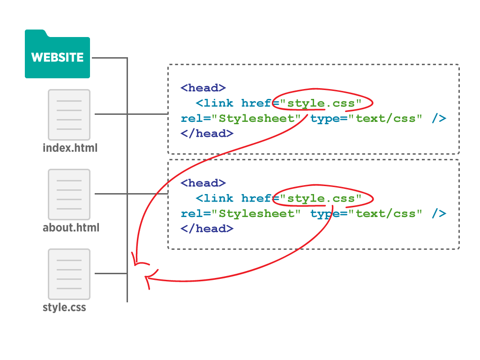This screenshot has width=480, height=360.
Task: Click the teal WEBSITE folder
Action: pos(57,54)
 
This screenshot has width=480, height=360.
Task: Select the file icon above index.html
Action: pos(69,115)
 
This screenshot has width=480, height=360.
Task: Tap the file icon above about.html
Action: pos(69,195)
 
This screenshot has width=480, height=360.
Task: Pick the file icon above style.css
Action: pos(69,274)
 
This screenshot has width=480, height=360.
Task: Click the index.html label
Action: pos(70,148)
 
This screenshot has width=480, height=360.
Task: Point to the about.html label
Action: pos(71,227)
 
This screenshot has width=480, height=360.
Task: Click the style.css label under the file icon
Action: pos(64,307)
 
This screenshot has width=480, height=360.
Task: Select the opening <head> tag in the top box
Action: pos(203,88)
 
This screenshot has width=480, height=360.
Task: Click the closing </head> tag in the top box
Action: pos(207,134)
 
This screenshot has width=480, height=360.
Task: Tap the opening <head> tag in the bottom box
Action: pos(203,183)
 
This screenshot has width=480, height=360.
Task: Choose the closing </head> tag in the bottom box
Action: pos(207,229)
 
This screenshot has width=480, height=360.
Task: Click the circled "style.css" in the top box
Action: pos(321,104)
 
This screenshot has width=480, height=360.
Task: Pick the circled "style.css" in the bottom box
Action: pos(321,199)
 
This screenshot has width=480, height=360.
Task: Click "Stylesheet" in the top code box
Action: pos(256,119)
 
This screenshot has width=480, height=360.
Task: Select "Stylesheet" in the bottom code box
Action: pos(256,214)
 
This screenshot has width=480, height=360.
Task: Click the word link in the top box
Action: pos(218,103)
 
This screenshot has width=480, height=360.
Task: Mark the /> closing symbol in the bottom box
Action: pos(439,214)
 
